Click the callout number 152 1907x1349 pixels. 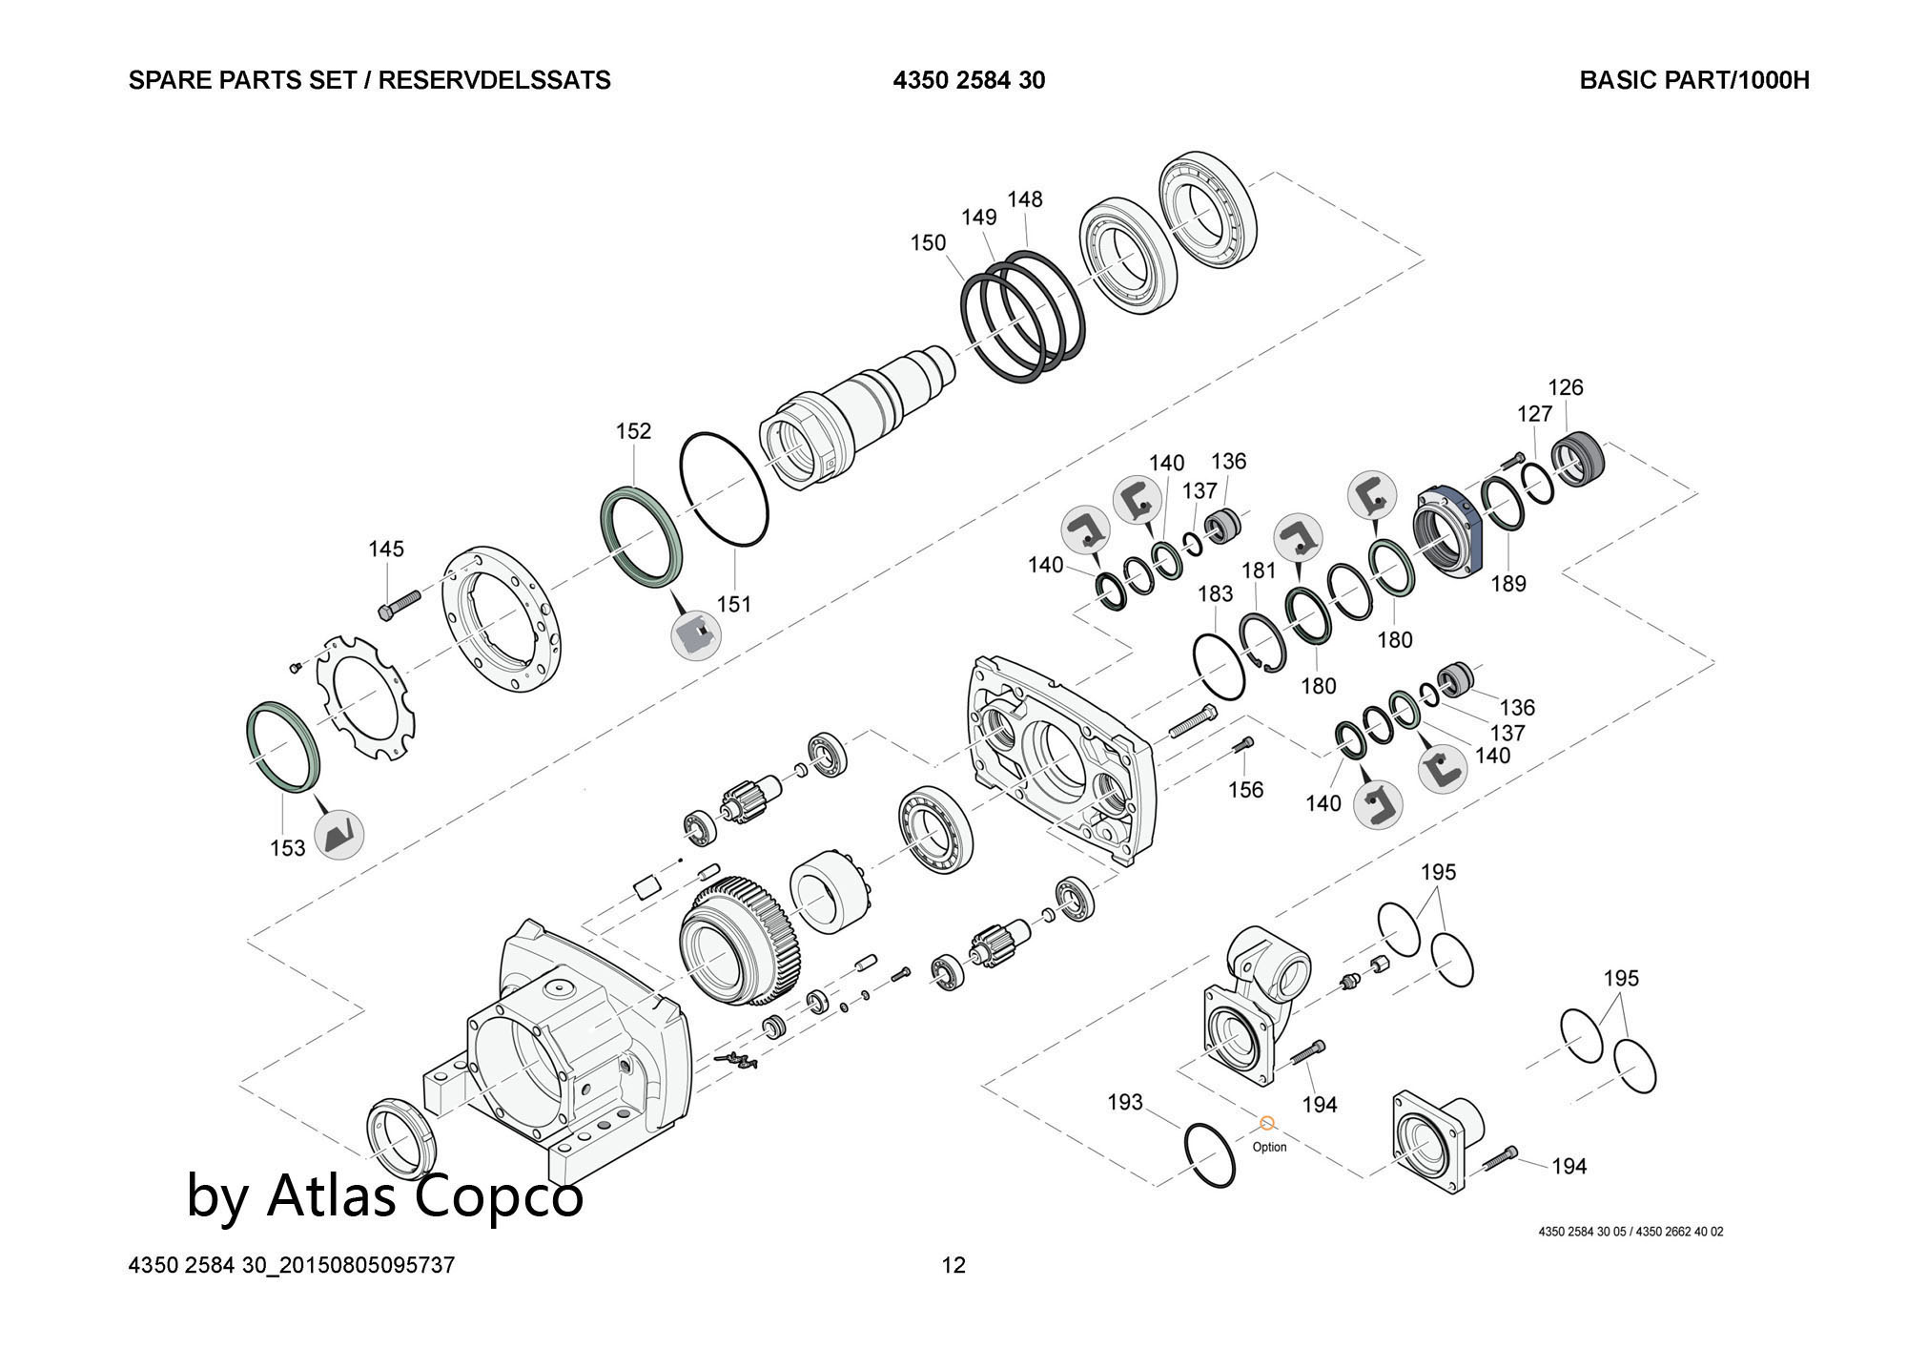633,431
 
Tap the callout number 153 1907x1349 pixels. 287,848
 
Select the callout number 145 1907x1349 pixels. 386,549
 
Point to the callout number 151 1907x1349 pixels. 734,604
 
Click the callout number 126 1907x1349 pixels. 1565,387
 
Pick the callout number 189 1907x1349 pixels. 1508,583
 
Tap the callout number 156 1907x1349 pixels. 1245,789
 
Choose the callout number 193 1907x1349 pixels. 1124,1102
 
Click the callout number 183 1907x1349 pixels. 1215,593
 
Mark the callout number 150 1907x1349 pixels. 928,242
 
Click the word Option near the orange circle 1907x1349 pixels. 1269,1147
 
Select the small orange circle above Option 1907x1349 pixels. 1267,1124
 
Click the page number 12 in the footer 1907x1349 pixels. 953,1265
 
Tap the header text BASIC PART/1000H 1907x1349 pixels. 1693,80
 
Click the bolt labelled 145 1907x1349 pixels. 400,605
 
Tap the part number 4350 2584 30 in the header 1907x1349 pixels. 969,80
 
